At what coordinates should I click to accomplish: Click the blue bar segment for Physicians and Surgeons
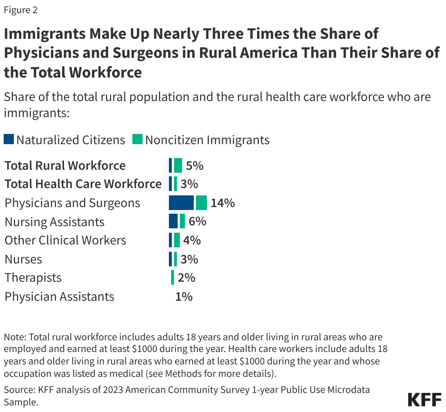pyautogui.click(x=181, y=203)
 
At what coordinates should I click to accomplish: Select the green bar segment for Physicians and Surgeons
pyautogui.click(x=201, y=203)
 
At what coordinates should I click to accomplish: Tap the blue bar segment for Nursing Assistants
pyautogui.click(x=173, y=221)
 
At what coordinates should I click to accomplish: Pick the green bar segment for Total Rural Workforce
pyautogui.click(x=178, y=165)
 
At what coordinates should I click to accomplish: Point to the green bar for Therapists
pyautogui.click(x=173, y=277)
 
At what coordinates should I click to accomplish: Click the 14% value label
pyautogui.click(x=223, y=203)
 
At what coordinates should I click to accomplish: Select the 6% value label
pyautogui.click(x=197, y=221)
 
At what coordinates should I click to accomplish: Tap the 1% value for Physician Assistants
pyautogui.click(x=184, y=296)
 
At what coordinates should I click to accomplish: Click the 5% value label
pyautogui.click(x=194, y=165)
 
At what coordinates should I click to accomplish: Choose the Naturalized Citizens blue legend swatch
pyautogui.click(x=9, y=139)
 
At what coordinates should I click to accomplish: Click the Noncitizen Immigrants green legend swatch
pyautogui.click(x=137, y=139)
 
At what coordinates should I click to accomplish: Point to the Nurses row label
pyautogui.click(x=23, y=259)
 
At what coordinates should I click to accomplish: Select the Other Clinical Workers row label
pyautogui.click(x=65, y=240)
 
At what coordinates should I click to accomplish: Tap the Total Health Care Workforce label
pyautogui.click(x=83, y=184)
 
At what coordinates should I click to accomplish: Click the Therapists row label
pyautogui.click(x=33, y=278)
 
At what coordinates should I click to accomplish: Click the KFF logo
pyautogui.click(x=424, y=400)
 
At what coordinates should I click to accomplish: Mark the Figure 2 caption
pyautogui.click(x=20, y=10)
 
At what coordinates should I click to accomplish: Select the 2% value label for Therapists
pyautogui.click(x=186, y=278)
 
